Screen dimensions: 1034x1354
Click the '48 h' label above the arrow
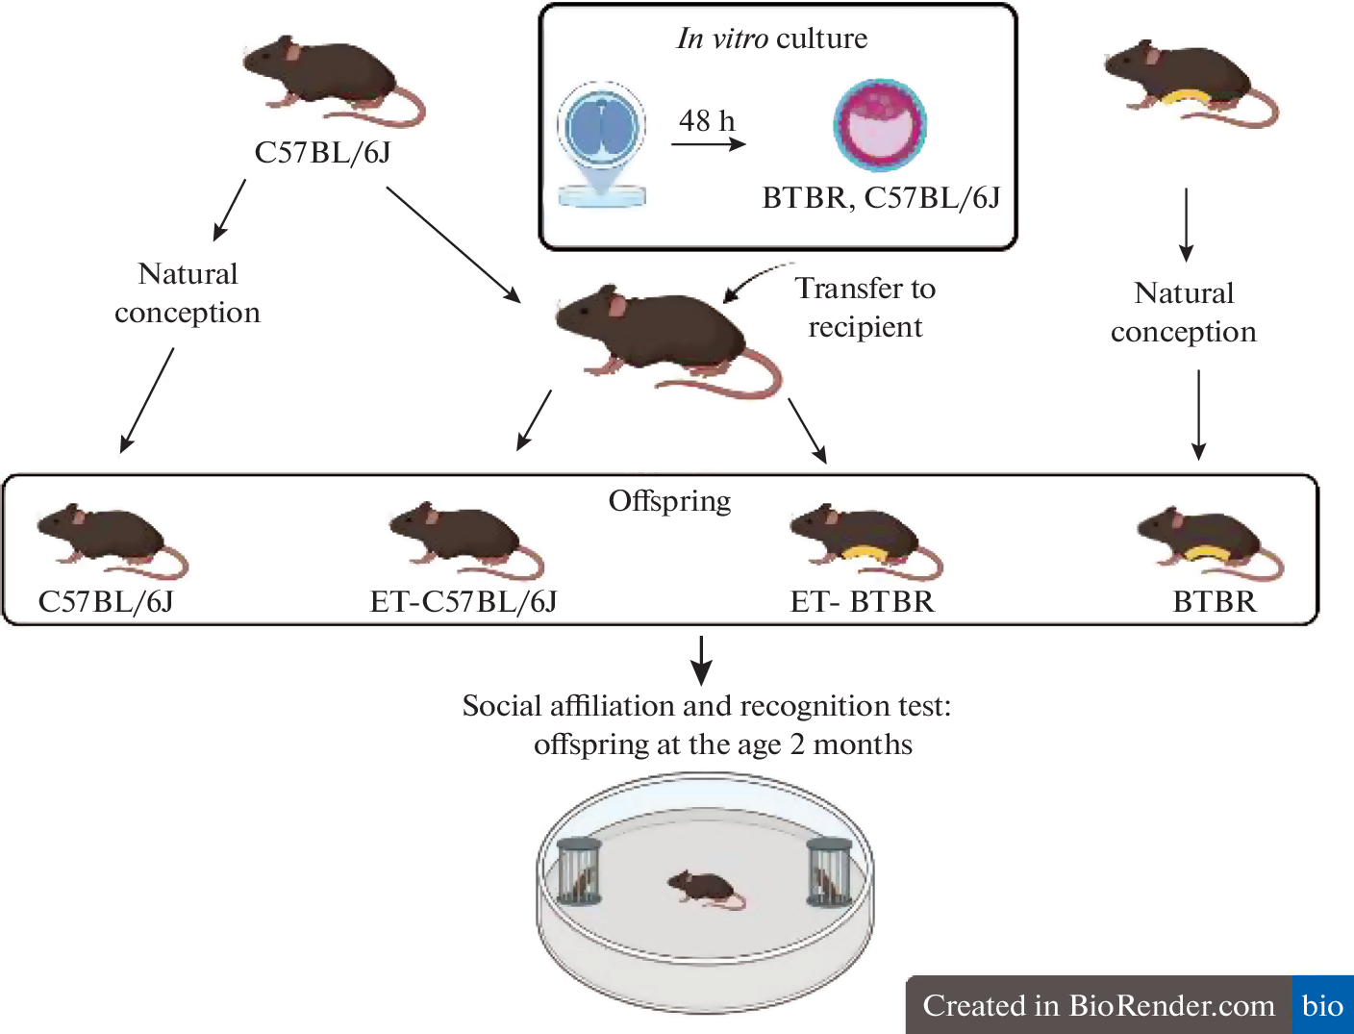[707, 121]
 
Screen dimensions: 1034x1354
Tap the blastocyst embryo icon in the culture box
[879, 126]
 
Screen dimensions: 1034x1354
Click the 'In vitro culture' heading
[772, 38]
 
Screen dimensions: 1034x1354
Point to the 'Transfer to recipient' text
[865, 308]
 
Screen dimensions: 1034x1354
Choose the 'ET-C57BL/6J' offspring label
[464, 602]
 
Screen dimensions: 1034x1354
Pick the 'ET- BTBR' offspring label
[862, 602]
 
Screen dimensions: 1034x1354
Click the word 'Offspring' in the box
[669, 501]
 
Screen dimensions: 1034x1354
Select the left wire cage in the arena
[579, 871]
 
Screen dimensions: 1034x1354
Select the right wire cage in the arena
[829, 871]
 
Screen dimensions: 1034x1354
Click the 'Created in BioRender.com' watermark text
[1098, 1006]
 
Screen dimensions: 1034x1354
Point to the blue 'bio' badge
[1322, 1006]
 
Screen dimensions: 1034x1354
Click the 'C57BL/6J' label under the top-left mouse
[322, 153]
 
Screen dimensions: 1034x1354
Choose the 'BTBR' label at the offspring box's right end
[1215, 602]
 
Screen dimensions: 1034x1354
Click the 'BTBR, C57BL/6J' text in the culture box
[881, 198]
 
